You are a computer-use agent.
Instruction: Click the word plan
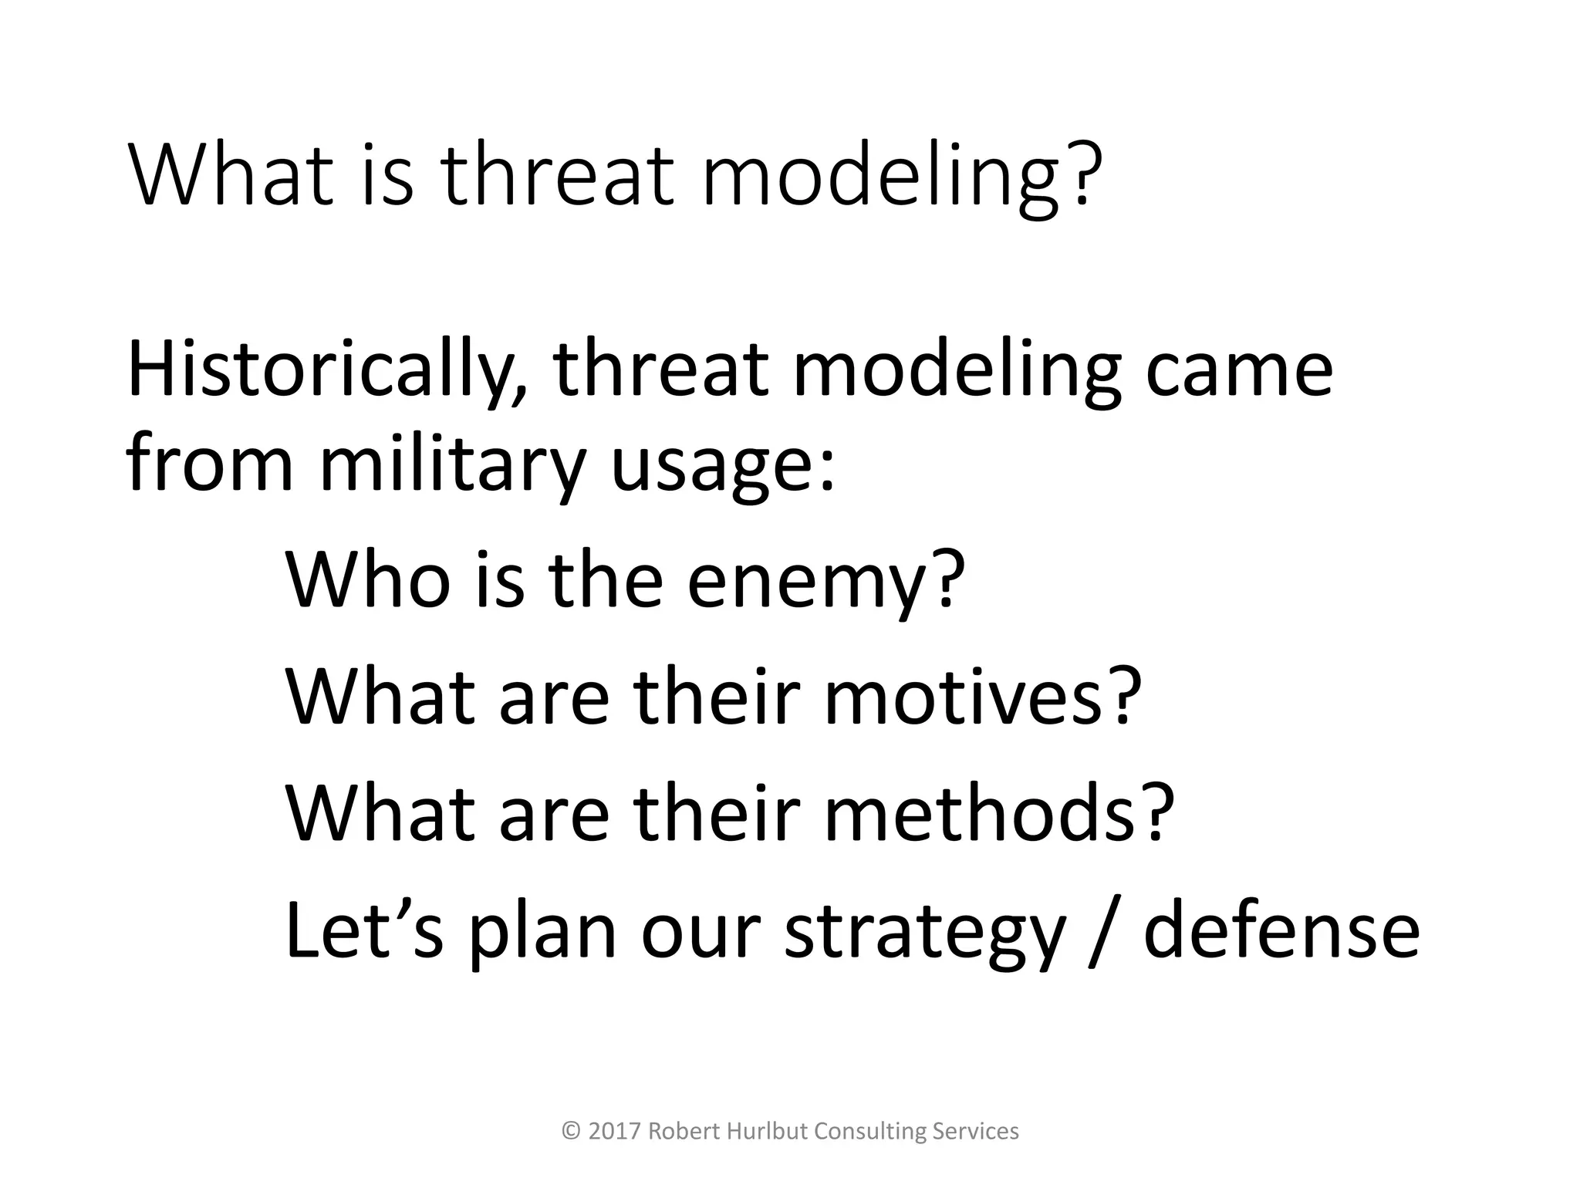coord(543,930)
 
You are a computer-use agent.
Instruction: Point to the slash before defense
coord(1104,930)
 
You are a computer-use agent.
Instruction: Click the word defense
coord(1281,930)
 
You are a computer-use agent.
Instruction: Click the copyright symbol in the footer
coord(572,1132)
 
